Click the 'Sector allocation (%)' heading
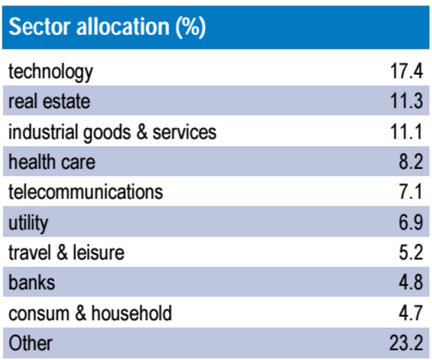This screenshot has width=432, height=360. [x=107, y=27]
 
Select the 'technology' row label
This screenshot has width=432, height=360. [x=51, y=72]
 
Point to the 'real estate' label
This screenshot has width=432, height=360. [x=49, y=102]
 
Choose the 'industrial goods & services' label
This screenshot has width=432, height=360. [x=112, y=132]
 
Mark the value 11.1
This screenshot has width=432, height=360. [x=408, y=132]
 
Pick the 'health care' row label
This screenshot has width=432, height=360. [x=52, y=162]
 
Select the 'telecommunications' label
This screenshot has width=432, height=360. [x=85, y=193]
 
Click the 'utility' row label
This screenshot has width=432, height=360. [x=28, y=223]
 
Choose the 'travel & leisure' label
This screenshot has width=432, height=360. [x=66, y=253]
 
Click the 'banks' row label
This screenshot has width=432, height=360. [x=32, y=283]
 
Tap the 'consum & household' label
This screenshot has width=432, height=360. [x=90, y=313]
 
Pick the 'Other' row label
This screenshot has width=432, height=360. [x=30, y=344]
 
